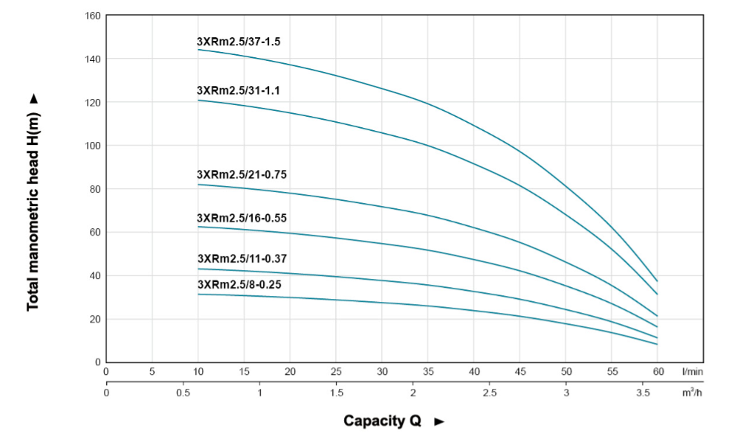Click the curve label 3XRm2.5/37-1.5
coord(239,42)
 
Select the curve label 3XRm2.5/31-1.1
coord(239,91)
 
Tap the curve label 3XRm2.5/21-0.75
coord(242,175)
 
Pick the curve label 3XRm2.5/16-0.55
coord(242,218)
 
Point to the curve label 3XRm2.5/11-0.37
coord(242,259)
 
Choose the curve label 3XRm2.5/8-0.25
coord(239,284)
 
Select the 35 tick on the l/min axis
coord(428,371)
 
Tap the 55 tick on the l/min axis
coord(612,371)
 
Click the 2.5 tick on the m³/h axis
coord(490,391)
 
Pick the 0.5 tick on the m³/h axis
coord(183,391)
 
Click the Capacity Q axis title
coord(382,421)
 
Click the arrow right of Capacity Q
coord(439,422)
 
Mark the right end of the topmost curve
coord(657,281)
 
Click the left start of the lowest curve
coord(198,294)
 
